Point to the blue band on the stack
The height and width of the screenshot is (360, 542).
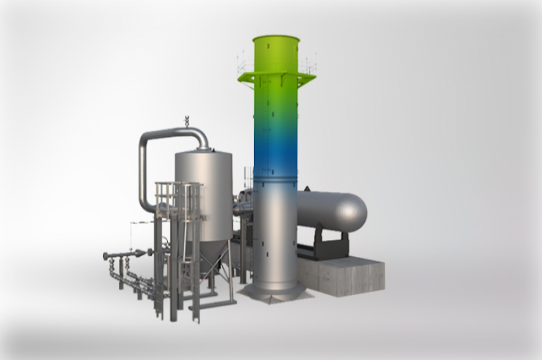click(x=276, y=152)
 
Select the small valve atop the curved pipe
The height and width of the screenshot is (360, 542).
click(x=187, y=121)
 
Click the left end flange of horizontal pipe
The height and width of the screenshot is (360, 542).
click(x=106, y=256)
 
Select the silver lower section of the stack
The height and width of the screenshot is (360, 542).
click(x=275, y=233)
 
